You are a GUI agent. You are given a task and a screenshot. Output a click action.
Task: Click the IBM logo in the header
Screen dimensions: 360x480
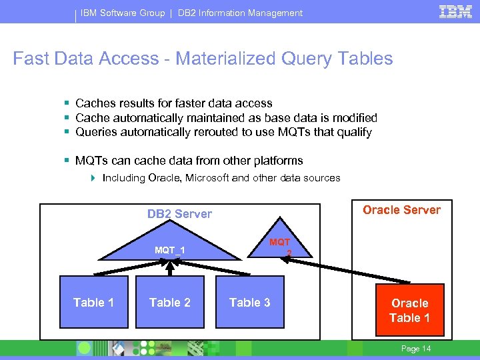click(456, 12)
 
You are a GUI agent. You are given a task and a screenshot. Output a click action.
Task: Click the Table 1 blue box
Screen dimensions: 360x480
click(93, 303)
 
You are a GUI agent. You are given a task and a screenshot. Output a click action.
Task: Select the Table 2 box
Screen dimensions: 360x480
click(170, 303)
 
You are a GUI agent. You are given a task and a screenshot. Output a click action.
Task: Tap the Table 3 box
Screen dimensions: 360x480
click(250, 303)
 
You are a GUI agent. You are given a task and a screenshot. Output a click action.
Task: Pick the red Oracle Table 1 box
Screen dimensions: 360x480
click(409, 310)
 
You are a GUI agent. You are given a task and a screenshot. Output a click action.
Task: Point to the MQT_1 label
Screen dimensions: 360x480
click(170, 250)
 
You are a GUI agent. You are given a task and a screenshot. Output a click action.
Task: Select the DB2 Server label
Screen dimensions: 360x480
click(179, 214)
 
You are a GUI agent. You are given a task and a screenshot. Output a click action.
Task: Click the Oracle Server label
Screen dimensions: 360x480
click(401, 210)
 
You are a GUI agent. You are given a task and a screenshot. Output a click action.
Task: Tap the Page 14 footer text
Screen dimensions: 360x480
click(417, 349)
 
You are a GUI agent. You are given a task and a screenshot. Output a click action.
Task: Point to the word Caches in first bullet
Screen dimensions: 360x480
click(95, 103)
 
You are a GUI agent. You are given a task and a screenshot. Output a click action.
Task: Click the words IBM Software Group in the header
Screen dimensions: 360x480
click(123, 13)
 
